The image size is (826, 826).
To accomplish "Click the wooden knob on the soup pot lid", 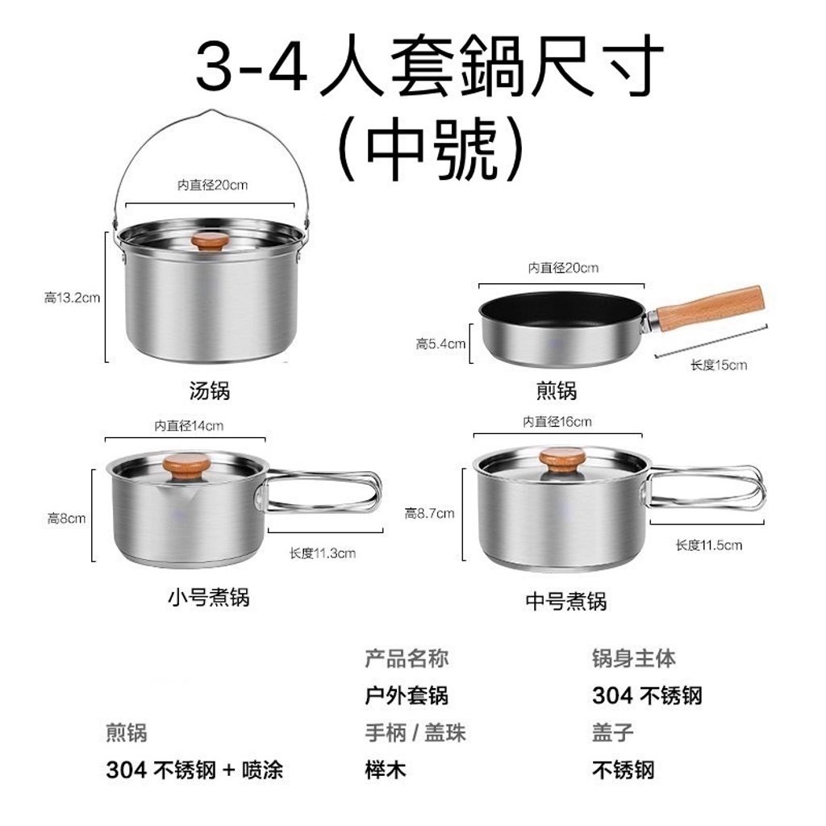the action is click(211, 241).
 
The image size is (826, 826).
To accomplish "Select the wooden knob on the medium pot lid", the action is click(562, 461).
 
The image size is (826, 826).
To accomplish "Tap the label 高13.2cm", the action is click(72, 298).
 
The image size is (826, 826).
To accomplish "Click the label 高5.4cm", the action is click(440, 344).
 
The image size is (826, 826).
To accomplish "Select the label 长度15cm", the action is click(719, 365).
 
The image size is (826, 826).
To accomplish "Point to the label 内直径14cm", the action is click(189, 426).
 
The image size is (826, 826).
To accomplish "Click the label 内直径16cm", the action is click(557, 421).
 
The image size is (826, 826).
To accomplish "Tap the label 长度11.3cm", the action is click(323, 553).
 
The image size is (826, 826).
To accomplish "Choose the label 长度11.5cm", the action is click(708, 544).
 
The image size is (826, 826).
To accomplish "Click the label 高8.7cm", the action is click(429, 513).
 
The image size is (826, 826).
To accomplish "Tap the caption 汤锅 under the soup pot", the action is click(210, 391).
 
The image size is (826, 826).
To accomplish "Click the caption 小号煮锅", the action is click(209, 598).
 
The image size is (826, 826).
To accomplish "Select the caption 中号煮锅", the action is click(566, 601).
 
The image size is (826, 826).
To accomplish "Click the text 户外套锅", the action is click(407, 695).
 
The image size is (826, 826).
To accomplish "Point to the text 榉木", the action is click(386, 770).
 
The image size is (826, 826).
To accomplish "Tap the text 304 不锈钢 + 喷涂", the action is click(194, 770).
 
